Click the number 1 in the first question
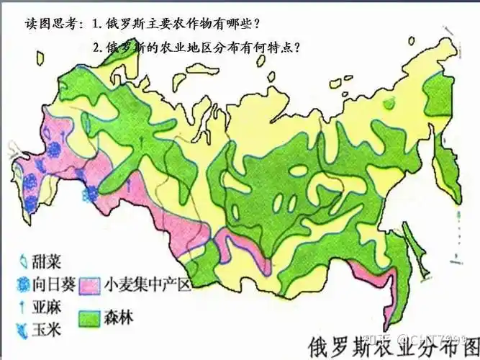(x=96, y=24)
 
